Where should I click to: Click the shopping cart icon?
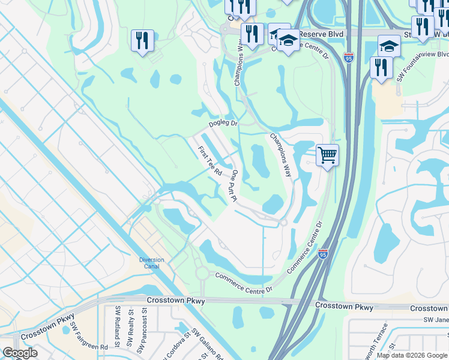(327, 155)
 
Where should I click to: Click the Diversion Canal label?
(151, 263)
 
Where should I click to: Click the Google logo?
(20, 353)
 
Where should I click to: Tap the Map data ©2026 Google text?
(411, 355)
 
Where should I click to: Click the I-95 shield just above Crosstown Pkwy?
(323, 254)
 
